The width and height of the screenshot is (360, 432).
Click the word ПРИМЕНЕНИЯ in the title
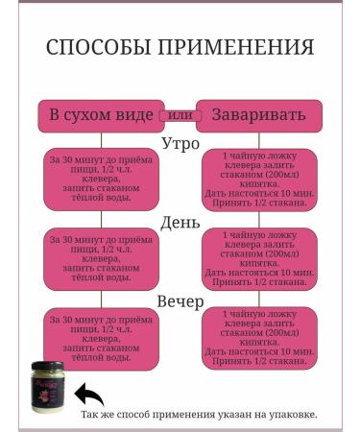(236, 48)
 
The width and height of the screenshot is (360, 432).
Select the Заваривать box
(256, 115)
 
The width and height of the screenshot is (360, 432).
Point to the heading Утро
(180, 142)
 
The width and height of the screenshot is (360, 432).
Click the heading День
(180, 222)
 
